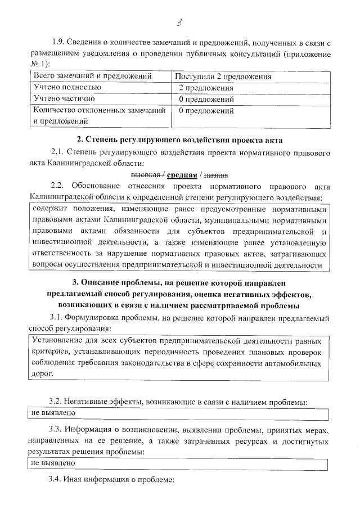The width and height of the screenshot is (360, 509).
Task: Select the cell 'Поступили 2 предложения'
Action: [223, 76]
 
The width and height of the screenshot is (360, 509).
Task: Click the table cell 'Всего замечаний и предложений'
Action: [93, 76]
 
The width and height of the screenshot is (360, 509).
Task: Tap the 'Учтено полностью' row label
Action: [67, 88]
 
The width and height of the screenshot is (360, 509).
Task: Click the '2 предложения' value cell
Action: [206, 88]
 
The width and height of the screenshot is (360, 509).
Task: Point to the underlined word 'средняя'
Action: [181, 174]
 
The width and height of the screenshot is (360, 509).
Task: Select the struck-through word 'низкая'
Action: [216, 174]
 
